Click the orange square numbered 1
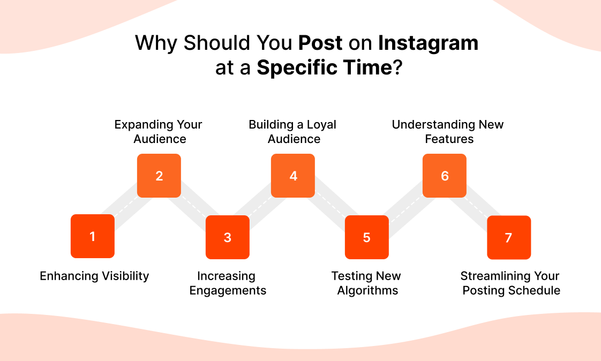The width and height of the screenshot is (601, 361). (x=93, y=236)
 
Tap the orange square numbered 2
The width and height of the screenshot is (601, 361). (x=159, y=176)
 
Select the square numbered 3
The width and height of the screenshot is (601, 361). (x=228, y=237)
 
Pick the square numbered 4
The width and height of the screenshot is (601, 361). (x=293, y=176)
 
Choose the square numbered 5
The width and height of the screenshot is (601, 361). (x=366, y=237)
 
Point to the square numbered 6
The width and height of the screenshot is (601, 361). (x=445, y=176)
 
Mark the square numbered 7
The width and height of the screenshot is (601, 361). (x=509, y=237)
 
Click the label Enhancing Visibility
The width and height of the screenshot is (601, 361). (x=94, y=276)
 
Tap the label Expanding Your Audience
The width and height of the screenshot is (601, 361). (x=159, y=132)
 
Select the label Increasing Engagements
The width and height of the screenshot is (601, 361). (x=227, y=283)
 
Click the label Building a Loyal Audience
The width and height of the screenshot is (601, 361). (x=293, y=132)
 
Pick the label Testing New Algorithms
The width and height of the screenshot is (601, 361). (x=367, y=283)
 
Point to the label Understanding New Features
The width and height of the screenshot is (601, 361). (x=448, y=132)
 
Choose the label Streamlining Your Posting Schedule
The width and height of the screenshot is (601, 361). (x=510, y=283)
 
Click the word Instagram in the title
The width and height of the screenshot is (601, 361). (x=428, y=43)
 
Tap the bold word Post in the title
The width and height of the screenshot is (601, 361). (x=320, y=43)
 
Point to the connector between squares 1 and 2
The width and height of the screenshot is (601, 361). (x=126, y=206)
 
